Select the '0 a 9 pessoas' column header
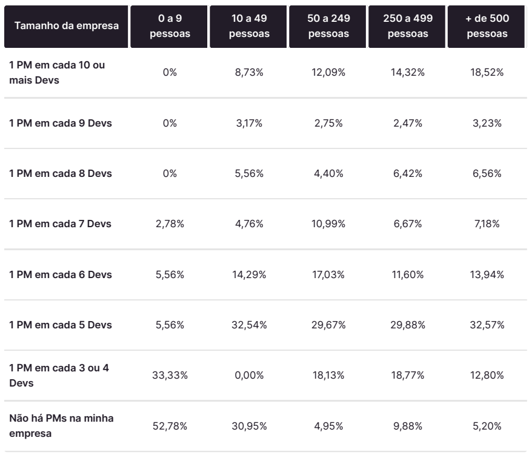170,27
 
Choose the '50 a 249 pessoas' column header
328,27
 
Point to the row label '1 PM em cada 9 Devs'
61,123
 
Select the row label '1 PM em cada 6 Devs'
61,274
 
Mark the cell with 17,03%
328,274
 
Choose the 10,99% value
328,224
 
